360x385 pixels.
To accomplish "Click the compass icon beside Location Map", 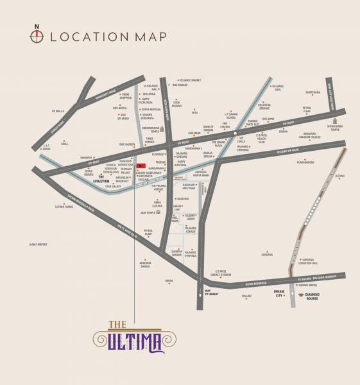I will [x=37, y=35].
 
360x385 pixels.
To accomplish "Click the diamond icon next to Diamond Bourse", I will [x=301, y=295].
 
